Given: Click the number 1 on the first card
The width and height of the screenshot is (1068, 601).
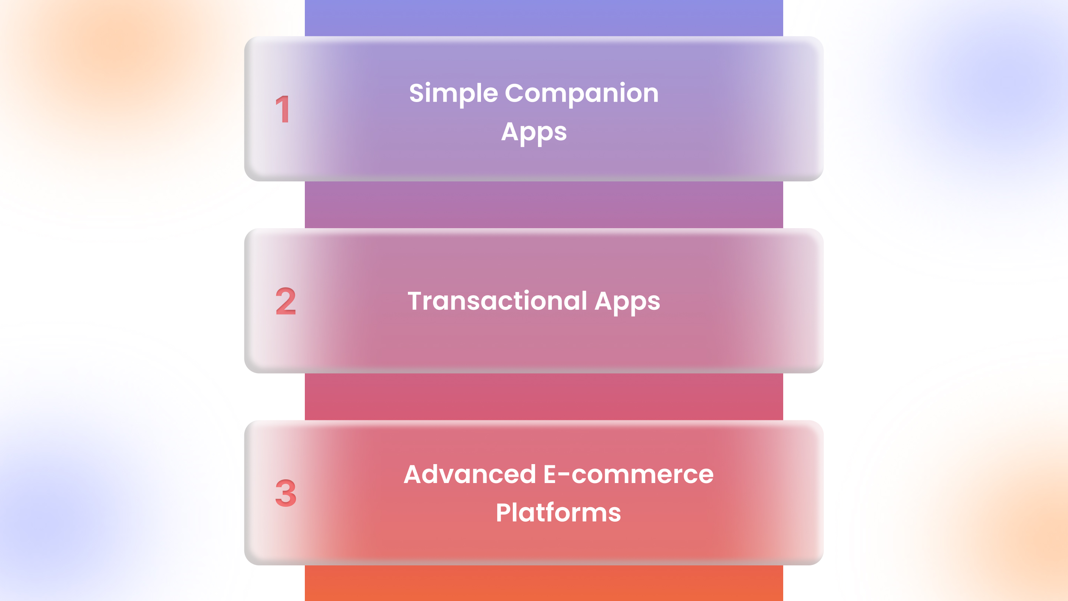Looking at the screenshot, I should (283, 109).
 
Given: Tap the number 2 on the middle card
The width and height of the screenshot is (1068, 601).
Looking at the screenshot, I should (286, 301).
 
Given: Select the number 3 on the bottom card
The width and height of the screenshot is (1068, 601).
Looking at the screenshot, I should (286, 493).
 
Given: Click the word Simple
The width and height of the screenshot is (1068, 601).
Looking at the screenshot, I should (453, 94).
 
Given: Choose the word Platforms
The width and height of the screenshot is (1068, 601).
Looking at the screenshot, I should (558, 513).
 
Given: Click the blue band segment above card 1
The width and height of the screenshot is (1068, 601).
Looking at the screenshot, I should (544, 18).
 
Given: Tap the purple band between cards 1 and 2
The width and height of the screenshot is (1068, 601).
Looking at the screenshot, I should (544, 204).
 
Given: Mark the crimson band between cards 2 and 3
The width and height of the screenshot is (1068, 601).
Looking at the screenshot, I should (544, 397).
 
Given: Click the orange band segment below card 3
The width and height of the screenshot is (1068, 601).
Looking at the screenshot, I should (544, 583).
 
